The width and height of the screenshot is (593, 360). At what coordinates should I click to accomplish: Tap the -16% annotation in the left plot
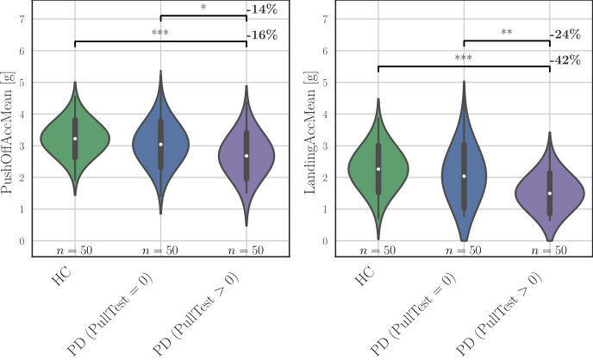coord(261,35)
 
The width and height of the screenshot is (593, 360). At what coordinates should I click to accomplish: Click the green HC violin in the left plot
coord(75,151)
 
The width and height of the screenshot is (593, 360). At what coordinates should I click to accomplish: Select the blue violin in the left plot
coord(160,164)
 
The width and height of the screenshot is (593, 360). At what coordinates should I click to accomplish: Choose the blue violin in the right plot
coord(464,198)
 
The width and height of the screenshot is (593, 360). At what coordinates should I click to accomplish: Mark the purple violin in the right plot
coord(550,207)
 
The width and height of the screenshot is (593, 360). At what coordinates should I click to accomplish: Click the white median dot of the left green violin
coord(75,139)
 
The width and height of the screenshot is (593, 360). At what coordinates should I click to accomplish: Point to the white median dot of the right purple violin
coord(550,193)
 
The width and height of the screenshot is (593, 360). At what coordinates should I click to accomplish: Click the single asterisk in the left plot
coord(203,9)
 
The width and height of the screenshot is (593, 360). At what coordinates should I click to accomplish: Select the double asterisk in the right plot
coord(507,34)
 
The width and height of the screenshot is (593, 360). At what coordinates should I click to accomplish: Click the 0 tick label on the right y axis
coord(325,241)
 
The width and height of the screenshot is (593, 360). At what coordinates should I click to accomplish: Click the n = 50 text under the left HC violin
coord(75,249)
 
